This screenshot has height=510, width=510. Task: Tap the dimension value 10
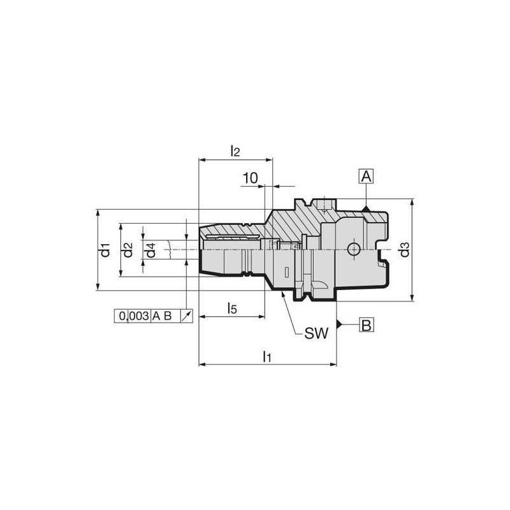click(251, 178)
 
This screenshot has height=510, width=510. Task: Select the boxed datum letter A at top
click(366, 177)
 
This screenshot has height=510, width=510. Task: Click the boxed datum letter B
click(366, 324)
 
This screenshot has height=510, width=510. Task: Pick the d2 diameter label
click(128, 250)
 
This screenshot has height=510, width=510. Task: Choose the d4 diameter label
click(150, 250)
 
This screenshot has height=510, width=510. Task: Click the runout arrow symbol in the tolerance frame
click(186, 316)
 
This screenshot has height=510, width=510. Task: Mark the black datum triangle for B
click(341, 324)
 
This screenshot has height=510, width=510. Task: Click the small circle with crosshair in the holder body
click(351, 249)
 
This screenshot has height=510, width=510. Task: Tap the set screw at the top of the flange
click(326, 205)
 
